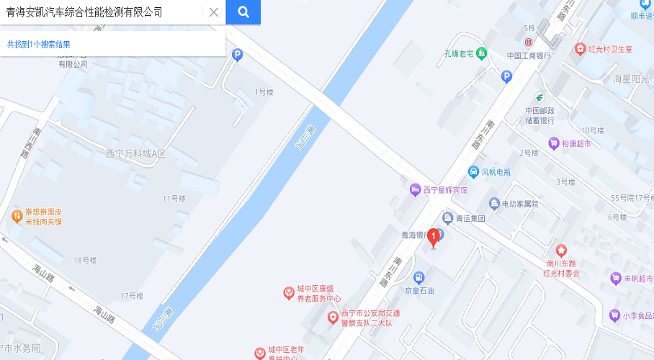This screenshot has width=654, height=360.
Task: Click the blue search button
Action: coord(243,12)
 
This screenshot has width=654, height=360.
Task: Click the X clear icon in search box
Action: coord(213,12)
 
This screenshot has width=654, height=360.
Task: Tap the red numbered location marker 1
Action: coord(434,237)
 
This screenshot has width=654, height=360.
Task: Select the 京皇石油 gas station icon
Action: coord(418,277)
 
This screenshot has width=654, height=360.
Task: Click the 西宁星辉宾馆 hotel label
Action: coord(444,190)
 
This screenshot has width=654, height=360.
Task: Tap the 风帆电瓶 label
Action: coord(496,172)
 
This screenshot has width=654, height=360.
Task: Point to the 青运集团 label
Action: coord(470,218)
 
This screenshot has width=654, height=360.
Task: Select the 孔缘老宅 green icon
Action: coord(481,54)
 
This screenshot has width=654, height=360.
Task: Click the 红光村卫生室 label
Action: coord(609,49)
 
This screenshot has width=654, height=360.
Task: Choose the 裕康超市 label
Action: coord(575,143)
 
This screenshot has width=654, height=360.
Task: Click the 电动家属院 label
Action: coord(520,204)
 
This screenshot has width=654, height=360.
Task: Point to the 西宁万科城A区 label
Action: coord(135,153)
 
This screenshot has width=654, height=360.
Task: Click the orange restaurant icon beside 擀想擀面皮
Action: coord(16,215)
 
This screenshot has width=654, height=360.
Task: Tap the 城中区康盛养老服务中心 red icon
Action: coord(288,292)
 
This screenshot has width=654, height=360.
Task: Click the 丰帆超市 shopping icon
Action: coord(615,278)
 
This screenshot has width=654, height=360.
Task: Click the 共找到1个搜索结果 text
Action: coord(39,45)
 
